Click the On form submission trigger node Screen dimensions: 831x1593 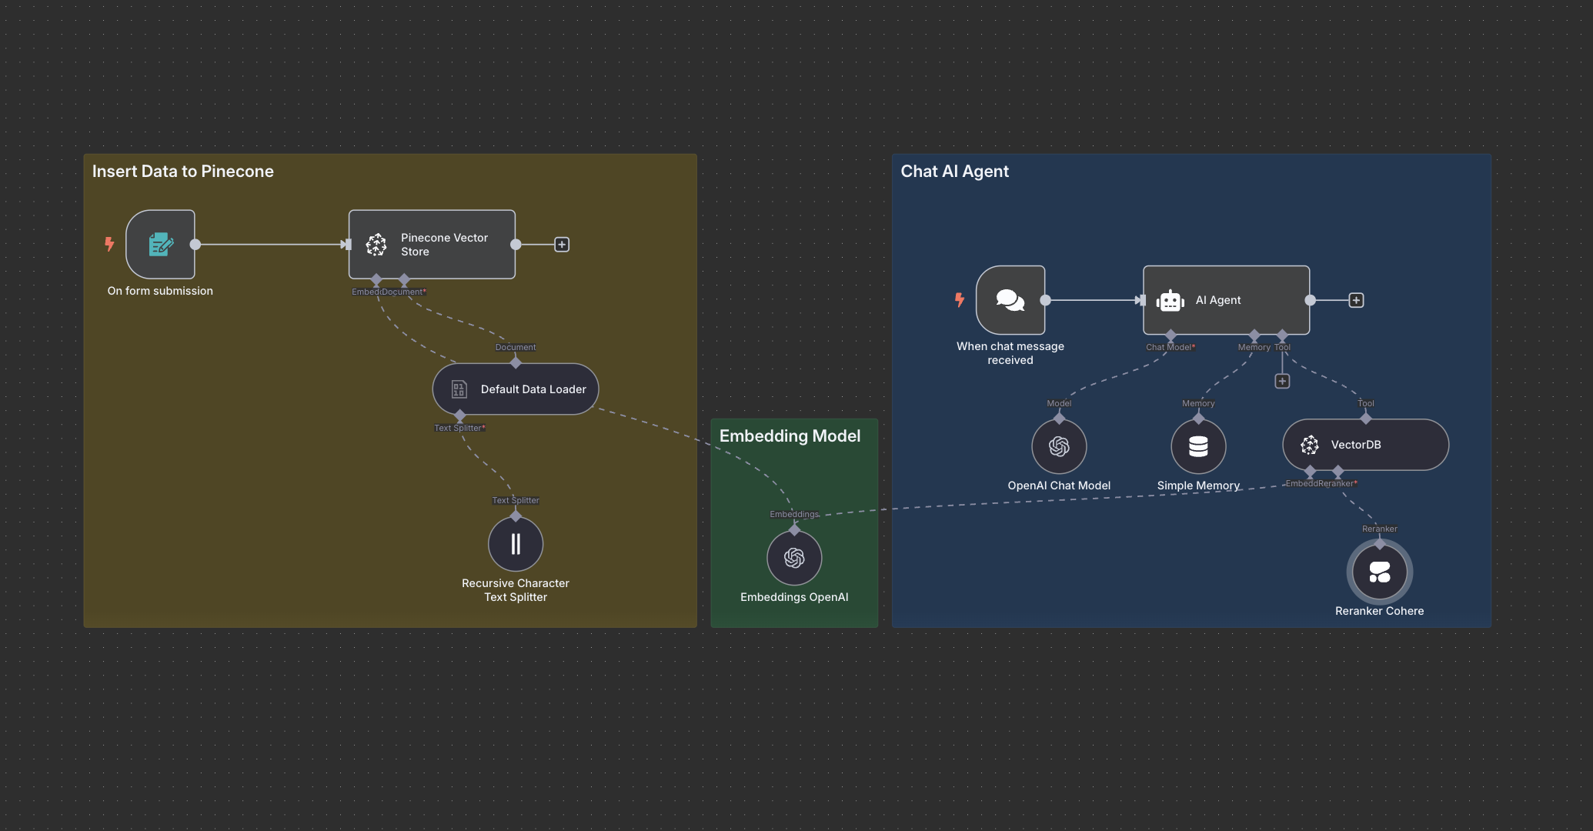(160, 245)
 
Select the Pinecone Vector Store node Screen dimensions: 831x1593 (432, 245)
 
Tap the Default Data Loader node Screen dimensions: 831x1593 (516, 389)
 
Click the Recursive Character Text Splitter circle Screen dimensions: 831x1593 (516, 544)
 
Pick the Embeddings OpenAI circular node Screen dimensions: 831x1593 (794, 558)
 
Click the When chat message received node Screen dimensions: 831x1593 (1010, 300)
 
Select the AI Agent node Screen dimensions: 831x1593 (1226, 300)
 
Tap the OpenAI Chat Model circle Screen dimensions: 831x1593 (1059, 446)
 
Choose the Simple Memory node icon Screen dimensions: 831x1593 (1198, 446)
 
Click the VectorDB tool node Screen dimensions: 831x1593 (1365, 445)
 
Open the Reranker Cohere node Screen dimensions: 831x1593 (1379, 572)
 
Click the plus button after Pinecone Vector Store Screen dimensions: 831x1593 (562, 245)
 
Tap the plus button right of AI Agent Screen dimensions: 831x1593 (1356, 300)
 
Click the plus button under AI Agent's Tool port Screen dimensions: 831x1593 (1282, 381)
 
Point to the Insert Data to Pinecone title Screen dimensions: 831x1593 (183, 172)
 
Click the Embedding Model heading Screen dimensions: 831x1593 (790, 436)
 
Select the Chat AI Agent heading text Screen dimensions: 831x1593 (954, 172)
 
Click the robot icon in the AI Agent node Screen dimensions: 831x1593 (1170, 301)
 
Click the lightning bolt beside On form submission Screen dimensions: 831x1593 (109, 244)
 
